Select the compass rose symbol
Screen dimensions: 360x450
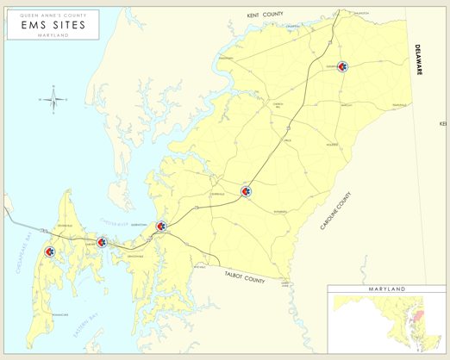click(x=53, y=100)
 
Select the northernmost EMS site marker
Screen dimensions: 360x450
click(x=343, y=66)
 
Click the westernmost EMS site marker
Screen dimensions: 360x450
click(x=49, y=252)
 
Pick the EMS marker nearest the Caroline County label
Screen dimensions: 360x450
click(x=247, y=191)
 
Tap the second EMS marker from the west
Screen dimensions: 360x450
click(x=103, y=243)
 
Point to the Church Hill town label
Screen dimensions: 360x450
click(x=278, y=107)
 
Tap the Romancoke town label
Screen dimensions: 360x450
click(x=60, y=315)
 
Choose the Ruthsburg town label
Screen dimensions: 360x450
click(x=279, y=212)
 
